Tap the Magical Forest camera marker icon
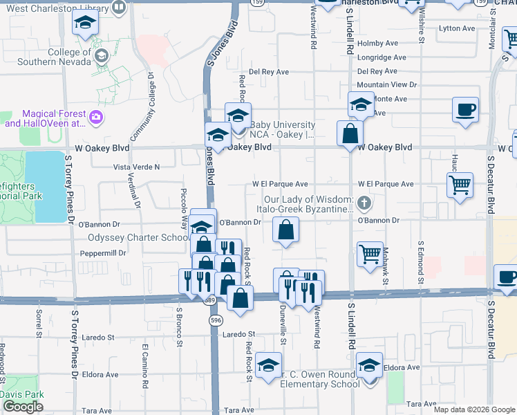tap(96, 119)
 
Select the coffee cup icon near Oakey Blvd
tap(465, 109)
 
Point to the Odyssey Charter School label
tap(138, 237)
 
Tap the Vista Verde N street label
tap(136, 167)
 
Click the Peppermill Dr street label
tap(102, 253)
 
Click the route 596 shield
tap(216, 320)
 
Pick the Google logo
tap(23, 407)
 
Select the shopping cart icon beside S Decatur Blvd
tap(460, 185)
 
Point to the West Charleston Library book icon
tap(119, 8)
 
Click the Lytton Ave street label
tap(458, 28)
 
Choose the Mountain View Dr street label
tap(387, 84)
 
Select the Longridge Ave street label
tap(378, 57)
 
